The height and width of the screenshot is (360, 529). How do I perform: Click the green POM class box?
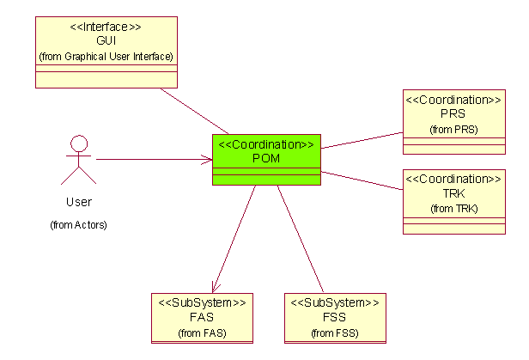[266, 160]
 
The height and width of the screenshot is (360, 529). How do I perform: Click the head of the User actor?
[79, 143]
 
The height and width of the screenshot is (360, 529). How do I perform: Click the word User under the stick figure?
[78, 203]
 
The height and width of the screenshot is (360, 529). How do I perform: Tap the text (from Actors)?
[78, 225]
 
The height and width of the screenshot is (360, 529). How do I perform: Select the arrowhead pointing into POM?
[207, 160]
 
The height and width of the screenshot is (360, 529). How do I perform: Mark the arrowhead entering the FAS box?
[214, 287]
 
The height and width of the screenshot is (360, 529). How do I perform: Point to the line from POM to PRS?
[361, 140]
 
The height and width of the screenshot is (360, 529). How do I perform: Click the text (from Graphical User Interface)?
[106, 56]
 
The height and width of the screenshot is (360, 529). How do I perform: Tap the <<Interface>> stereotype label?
[106, 27]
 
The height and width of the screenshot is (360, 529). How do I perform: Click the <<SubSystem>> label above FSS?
[335, 302]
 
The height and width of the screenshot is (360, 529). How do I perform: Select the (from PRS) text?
[453, 129]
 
